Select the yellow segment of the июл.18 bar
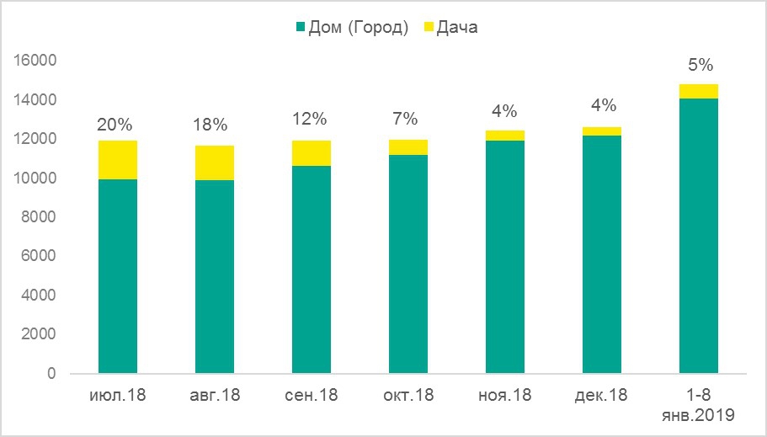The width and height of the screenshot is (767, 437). tap(118, 160)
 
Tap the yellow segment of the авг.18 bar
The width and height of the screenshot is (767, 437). tap(215, 163)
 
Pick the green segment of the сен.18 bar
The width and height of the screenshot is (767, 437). tap(312, 269)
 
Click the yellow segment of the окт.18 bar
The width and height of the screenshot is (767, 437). tap(408, 147)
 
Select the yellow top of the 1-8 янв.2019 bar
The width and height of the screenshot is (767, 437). tap(699, 91)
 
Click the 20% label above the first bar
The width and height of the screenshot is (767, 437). tap(115, 125)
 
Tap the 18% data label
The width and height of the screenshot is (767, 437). tap(210, 125)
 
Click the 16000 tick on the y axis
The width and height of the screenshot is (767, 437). tap(35, 61)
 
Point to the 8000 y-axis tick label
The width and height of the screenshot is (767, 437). tap(38, 217)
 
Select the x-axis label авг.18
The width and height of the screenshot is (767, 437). tap(215, 394)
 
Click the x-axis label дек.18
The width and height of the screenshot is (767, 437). tap(602, 394)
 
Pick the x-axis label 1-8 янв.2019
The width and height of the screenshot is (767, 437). tap(699, 404)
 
